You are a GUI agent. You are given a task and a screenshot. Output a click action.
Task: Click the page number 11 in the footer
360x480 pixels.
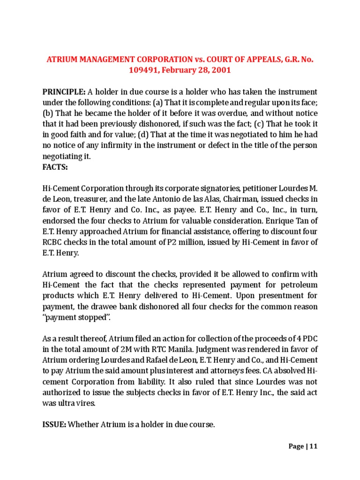(314, 446)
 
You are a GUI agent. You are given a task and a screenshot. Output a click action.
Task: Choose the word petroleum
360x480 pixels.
(295, 285)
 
